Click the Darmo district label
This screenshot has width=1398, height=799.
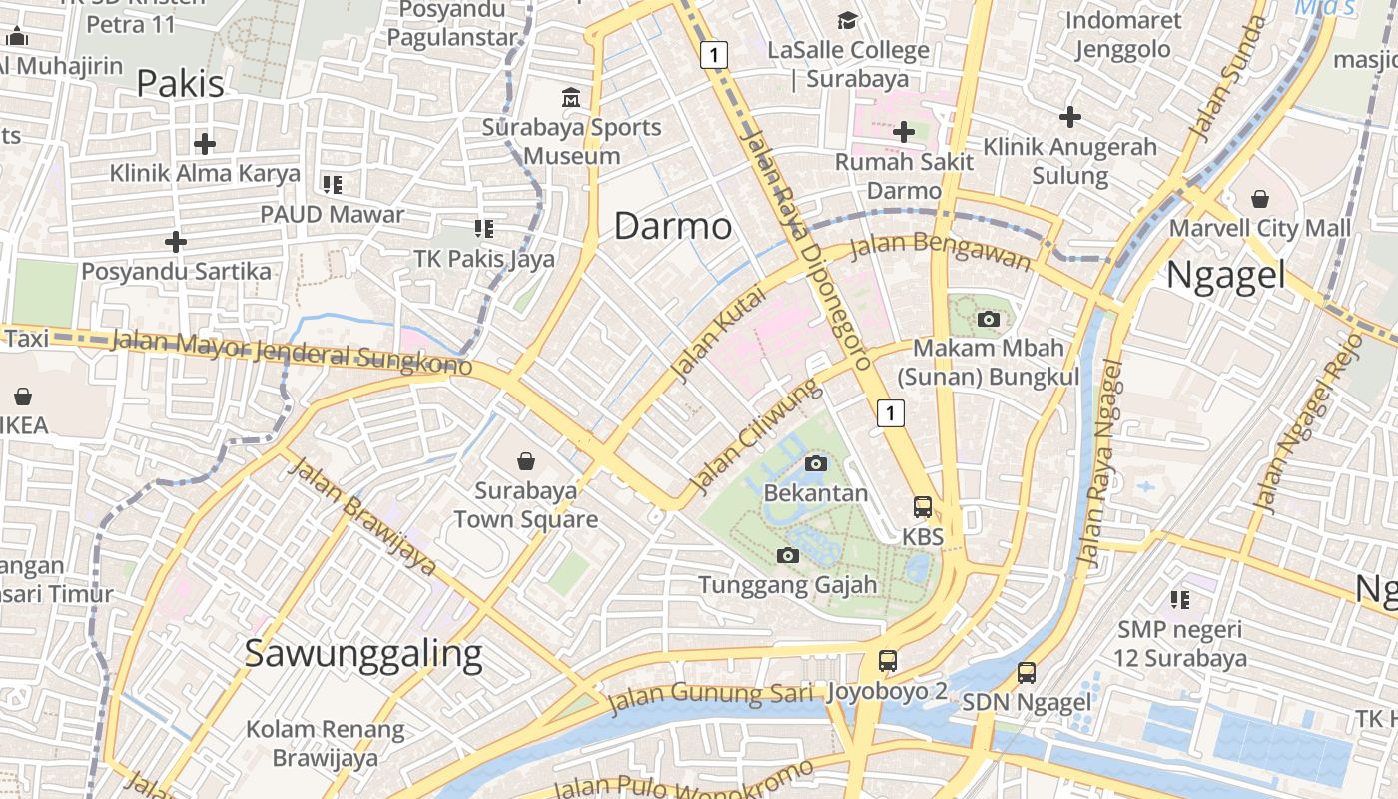click(x=672, y=226)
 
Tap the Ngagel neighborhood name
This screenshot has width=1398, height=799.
click(x=1225, y=274)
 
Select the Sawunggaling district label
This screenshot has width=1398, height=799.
click(x=363, y=653)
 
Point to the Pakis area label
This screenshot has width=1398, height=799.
click(x=180, y=83)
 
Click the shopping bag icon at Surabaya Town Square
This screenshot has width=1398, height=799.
click(x=526, y=461)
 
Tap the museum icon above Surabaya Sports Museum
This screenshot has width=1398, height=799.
click(x=571, y=98)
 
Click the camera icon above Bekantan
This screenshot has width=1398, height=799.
click(x=816, y=463)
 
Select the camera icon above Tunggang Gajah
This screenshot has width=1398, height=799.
click(x=788, y=555)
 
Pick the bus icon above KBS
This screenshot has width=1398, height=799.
click(x=923, y=507)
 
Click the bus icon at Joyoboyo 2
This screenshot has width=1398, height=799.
click(x=887, y=660)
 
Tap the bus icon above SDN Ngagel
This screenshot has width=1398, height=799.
click(x=1027, y=672)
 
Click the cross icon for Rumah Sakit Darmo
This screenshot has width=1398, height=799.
click(x=903, y=132)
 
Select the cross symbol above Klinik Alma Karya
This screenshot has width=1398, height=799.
click(x=205, y=144)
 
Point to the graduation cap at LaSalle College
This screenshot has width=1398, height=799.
click(x=847, y=20)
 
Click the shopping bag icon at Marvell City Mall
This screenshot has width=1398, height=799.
click(x=1259, y=198)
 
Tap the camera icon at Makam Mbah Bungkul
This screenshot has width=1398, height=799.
click(x=989, y=319)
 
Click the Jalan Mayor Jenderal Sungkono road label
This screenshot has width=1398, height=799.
click(x=291, y=352)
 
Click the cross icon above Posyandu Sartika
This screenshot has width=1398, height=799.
click(x=176, y=242)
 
